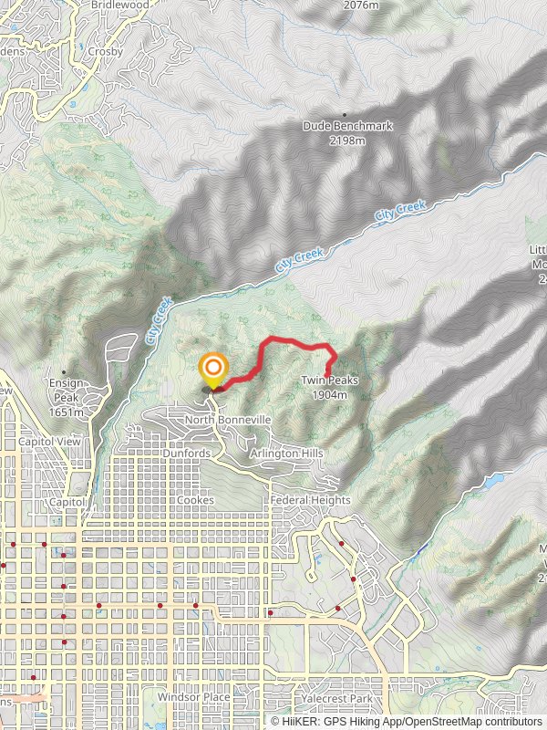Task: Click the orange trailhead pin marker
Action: point(213,370)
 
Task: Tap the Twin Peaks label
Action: point(329,381)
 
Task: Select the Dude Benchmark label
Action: point(347,127)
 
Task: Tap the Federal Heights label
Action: point(311,500)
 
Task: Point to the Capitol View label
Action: point(45,442)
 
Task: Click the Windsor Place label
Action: point(193,697)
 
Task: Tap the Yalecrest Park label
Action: point(335,699)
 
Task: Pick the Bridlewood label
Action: point(120,5)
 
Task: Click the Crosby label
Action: point(106,52)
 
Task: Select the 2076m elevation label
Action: point(362,5)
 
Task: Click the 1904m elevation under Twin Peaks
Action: point(330,395)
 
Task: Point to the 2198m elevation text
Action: point(347,141)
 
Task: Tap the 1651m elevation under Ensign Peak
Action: point(67,412)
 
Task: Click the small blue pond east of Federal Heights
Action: point(492,477)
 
